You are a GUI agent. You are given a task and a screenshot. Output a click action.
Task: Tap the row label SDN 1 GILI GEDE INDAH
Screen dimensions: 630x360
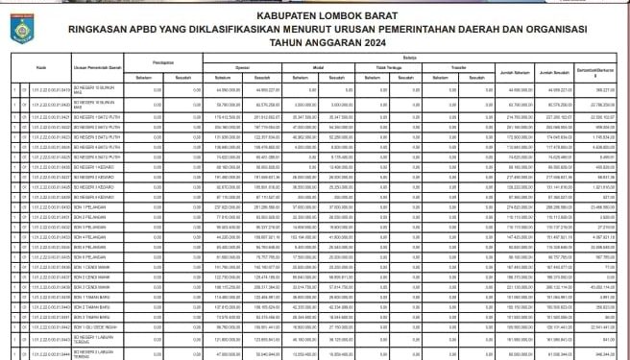pos(101,327)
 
